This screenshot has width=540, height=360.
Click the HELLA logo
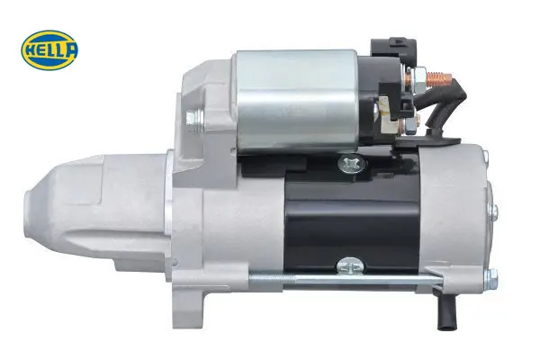49,50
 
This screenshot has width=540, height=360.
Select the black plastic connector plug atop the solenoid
393,48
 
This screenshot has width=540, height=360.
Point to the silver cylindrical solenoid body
296,102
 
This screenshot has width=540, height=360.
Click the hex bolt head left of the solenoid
194,118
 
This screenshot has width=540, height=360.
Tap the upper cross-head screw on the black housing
351,165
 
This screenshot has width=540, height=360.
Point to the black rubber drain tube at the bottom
445,310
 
